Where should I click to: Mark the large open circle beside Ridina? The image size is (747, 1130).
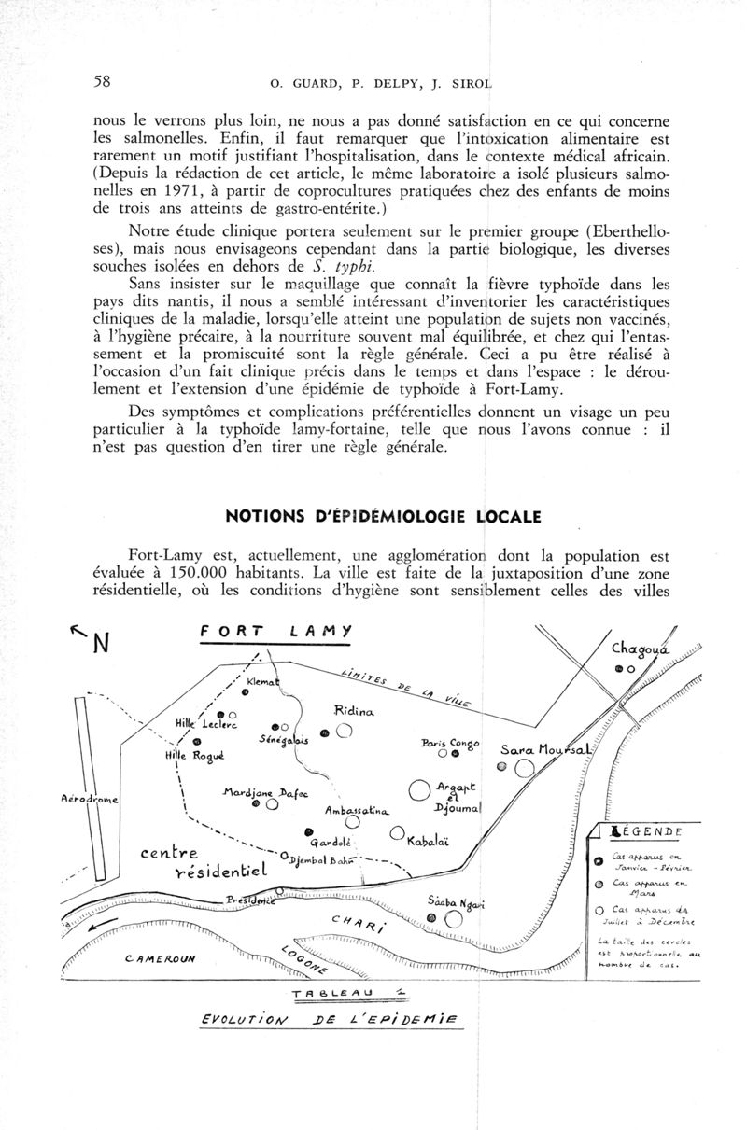point(344,732)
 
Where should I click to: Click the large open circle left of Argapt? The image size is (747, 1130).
point(430,792)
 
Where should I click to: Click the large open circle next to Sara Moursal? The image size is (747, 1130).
point(524,768)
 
